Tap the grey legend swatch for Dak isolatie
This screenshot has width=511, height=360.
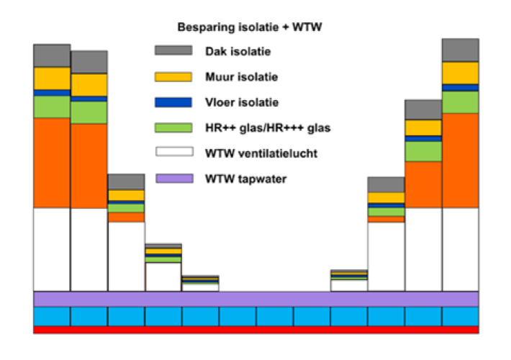click(x=173, y=50)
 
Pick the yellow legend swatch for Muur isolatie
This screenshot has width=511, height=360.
click(x=173, y=76)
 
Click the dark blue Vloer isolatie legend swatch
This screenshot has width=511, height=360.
click(x=173, y=102)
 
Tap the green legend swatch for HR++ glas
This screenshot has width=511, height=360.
click(x=173, y=127)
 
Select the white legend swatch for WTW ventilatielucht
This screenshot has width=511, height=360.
click(x=173, y=153)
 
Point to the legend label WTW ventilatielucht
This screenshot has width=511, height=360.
click(x=261, y=153)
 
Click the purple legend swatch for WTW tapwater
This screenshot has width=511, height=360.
click(x=173, y=178)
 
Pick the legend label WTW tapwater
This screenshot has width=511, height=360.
click(x=245, y=178)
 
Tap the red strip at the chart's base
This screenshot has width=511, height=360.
click(x=256, y=330)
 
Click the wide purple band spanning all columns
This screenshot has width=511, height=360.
click(x=256, y=299)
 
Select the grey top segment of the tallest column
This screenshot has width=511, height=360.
click(x=460, y=50)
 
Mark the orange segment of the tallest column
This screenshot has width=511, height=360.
click(x=460, y=160)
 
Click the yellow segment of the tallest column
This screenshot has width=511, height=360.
click(x=460, y=73)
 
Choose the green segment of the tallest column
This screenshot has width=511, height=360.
click(x=460, y=102)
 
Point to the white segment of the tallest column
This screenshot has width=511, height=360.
click(x=460, y=248)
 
